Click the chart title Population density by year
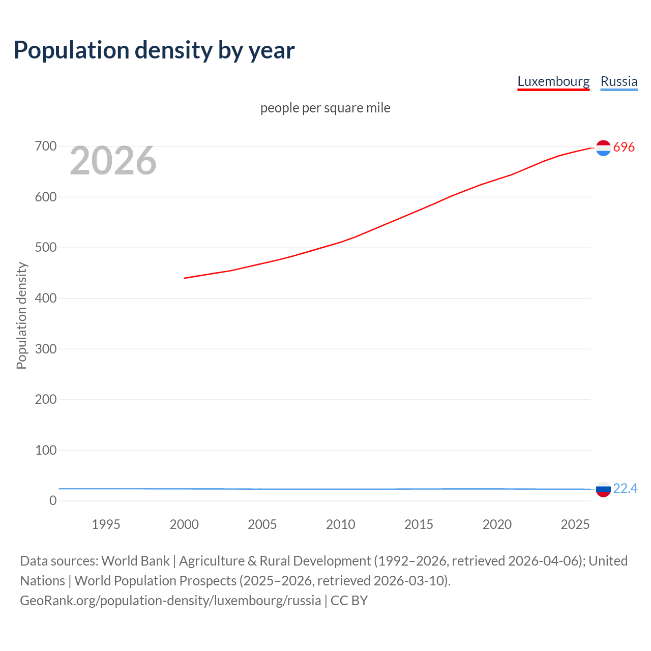coord(154,50)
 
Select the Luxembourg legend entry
coord(553,81)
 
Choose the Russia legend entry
coord(618,81)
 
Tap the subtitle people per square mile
coord(325,108)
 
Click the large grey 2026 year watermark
coord(113,161)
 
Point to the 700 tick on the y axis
coord(46,146)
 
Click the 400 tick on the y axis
coord(46,299)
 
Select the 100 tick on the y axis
coord(46,450)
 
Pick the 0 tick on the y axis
coord(53,501)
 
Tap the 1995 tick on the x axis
coord(106,524)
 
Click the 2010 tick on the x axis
coord(340,524)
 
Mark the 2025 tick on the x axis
coord(575,524)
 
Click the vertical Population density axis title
coord(21,315)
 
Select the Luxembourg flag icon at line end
coord(603,147)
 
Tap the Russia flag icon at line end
coord(603,489)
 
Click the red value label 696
coord(624,147)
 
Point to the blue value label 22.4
coord(625,488)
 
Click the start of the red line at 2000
coord(185,278)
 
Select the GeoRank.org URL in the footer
coord(170,601)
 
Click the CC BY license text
coord(349,601)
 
